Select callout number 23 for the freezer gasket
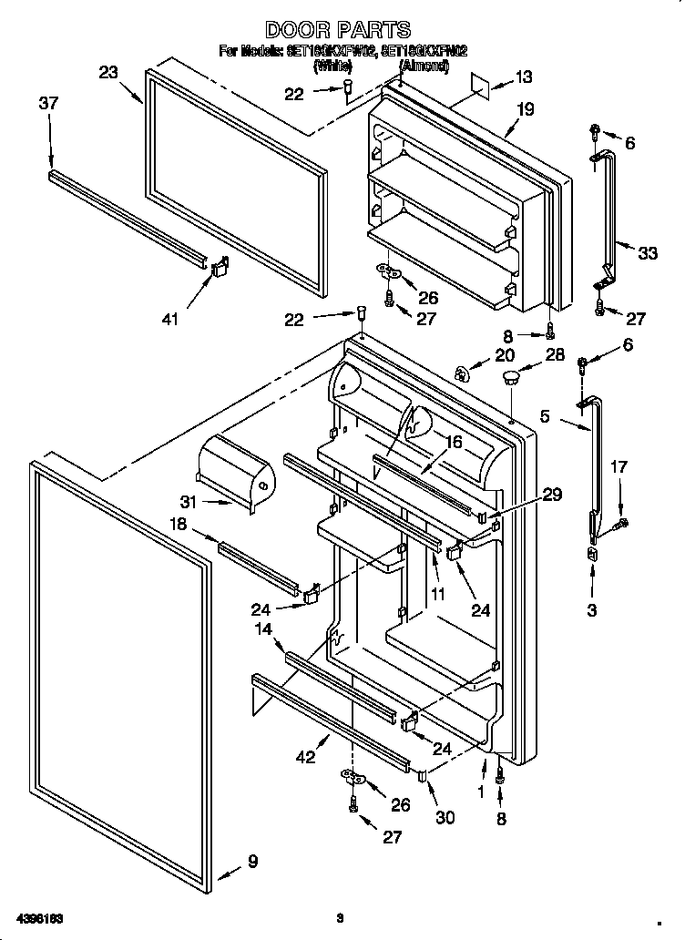[109, 73]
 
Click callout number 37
[48, 104]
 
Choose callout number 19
[523, 108]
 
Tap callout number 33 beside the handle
[647, 253]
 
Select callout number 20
[504, 356]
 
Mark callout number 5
[545, 417]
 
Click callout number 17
[619, 468]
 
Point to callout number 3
[592, 610]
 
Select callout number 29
[551, 495]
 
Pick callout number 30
[444, 817]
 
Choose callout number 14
[263, 628]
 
